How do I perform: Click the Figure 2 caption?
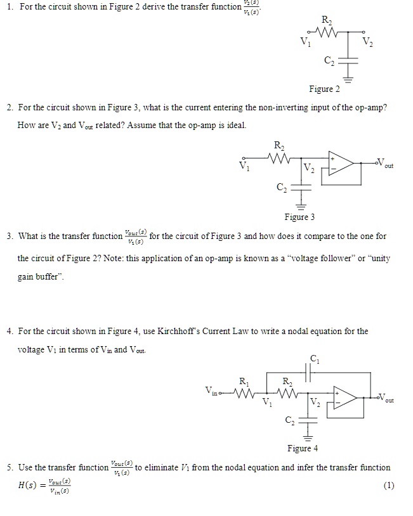(x=324, y=89)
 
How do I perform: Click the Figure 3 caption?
(x=299, y=217)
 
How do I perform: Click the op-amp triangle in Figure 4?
(x=346, y=397)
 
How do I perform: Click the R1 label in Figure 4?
(x=244, y=381)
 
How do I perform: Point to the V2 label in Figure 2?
(x=368, y=42)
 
